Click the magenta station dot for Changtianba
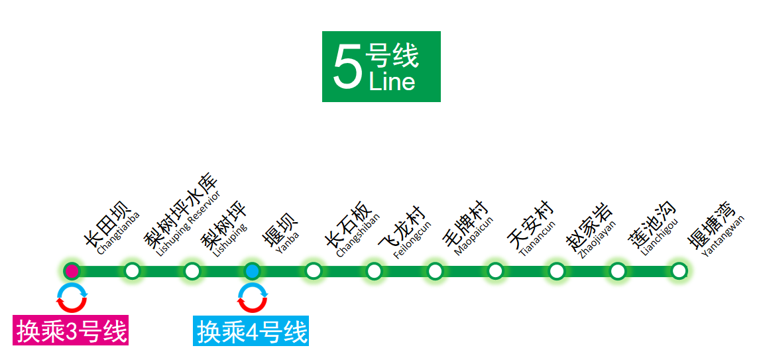[x=72, y=270]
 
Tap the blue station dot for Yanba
[x=252, y=270]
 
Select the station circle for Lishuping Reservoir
[x=132, y=270]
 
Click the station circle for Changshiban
[x=314, y=270]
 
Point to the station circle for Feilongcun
[x=374, y=270]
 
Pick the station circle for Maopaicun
[x=435, y=270]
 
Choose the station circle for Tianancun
[x=495, y=270]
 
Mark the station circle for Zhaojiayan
[x=557, y=270]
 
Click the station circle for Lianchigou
[x=618, y=270]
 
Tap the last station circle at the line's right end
[x=679, y=270]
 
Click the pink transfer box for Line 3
[x=71, y=331]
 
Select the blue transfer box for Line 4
[x=251, y=331]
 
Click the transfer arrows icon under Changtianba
[x=72, y=298]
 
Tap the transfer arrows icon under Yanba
[x=252, y=298]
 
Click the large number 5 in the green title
[x=347, y=66]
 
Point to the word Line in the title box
[x=392, y=82]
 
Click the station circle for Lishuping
[x=192, y=270]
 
